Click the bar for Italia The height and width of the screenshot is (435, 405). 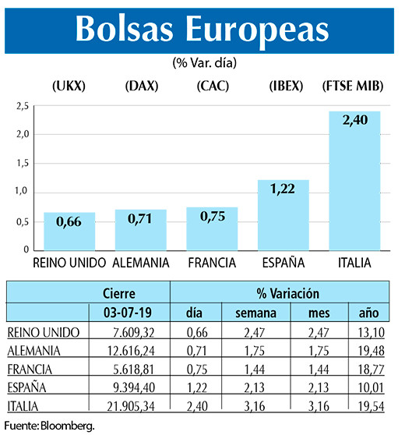pos(354,181)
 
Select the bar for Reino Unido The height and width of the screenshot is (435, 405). pos(69,232)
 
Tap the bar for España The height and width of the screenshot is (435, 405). pos(283,215)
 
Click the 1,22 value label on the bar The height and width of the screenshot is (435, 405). pos(283,189)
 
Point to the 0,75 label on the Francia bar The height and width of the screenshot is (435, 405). pos(213,216)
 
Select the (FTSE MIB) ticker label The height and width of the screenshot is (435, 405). pos(354,86)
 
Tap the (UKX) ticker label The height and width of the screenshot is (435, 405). pos(69,86)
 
